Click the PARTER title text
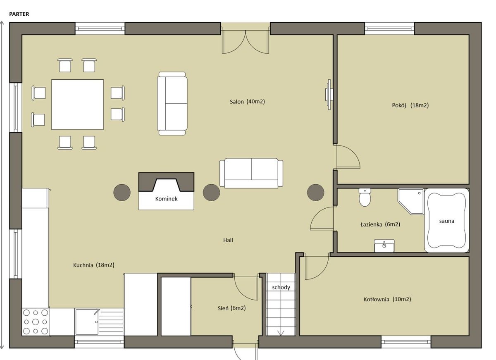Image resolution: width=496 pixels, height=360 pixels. [x=19, y=14]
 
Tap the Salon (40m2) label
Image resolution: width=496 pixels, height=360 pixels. [x=247, y=102]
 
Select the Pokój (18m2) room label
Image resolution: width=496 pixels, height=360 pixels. [x=410, y=105]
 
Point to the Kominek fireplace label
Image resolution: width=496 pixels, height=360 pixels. [x=166, y=199]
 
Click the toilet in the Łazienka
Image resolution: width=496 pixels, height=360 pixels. [x=365, y=197]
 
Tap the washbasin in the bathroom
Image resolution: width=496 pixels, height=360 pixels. [x=384, y=246]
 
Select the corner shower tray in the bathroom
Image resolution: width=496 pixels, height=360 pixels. [x=411, y=201]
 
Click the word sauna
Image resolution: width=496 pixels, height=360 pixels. [x=447, y=221]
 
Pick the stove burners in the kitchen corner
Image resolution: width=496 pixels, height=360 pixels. [x=36, y=322]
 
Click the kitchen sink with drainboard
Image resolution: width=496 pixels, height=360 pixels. [x=99, y=322]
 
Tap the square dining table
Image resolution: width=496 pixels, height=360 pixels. [x=78, y=105]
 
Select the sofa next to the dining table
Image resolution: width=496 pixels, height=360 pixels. [x=172, y=103]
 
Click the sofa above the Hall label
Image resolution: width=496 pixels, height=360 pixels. [x=251, y=173]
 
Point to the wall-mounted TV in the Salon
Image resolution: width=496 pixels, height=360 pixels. [x=328, y=95]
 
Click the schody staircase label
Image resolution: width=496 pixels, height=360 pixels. [x=281, y=287]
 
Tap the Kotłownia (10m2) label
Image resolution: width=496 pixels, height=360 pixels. [x=387, y=299]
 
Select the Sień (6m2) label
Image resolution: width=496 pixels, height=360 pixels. [x=231, y=308]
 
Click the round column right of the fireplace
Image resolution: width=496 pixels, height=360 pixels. [x=212, y=192]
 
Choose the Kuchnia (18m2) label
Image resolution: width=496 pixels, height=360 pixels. [x=94, y=265]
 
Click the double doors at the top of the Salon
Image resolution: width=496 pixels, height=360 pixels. [x=246, y=42]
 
